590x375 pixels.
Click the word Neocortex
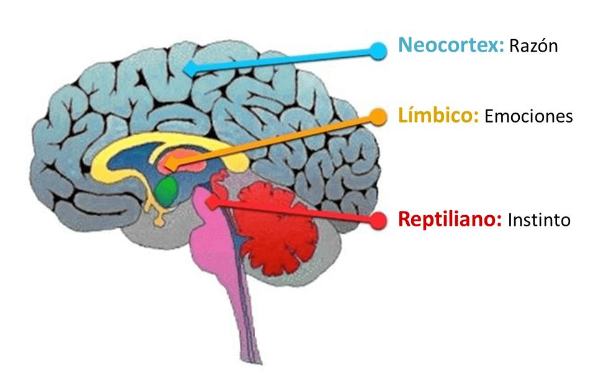click(x=450, y=45)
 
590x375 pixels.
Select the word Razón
click(x=533, y=46)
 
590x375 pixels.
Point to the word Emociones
click(x=528, y=116)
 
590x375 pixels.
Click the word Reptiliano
click(x=449, y=220)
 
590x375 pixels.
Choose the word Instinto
click(x=538, y=220)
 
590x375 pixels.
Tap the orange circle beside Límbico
click(x=377, y=116)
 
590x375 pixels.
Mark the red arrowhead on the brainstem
click(x=212, y=201)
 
